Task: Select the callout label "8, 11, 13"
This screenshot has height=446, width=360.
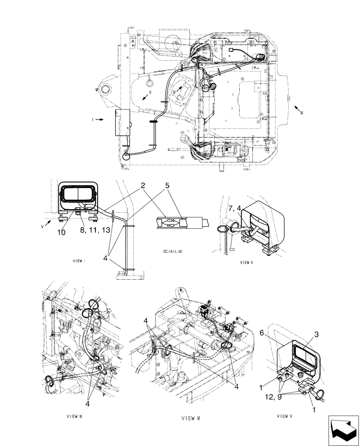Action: pyautogui.click(x=94, y=231)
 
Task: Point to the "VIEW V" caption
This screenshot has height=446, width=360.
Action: pyautogui.click(x=285, y=416)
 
